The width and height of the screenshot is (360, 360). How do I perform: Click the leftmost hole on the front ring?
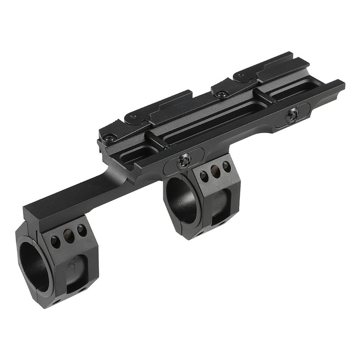coord(55,242)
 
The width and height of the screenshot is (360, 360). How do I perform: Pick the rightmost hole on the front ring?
coord(81,230)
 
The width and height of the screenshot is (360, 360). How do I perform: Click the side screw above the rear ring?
coord(184,161)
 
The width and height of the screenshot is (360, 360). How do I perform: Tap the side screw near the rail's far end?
coord(293,115)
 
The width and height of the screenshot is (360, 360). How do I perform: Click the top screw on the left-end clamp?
coord(110,136)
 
